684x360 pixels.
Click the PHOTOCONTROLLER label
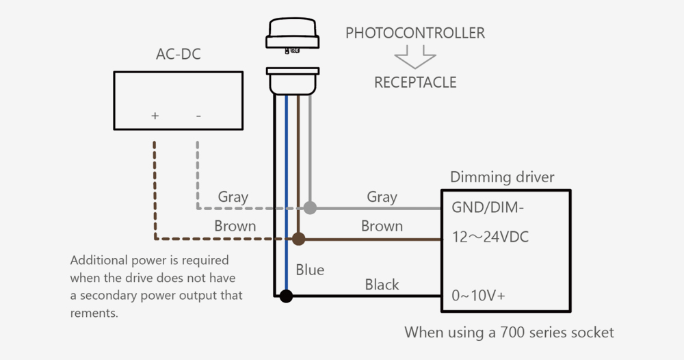click(415, 33)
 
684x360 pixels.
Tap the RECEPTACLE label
click(415, 83)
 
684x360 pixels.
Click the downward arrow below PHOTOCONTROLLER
click(415, 57)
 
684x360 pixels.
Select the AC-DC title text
click(179, 54)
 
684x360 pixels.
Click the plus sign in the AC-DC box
click(155, 116)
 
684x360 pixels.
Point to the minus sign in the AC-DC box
click(198, 116)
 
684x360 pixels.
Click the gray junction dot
click(310, 207)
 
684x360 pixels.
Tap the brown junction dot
click(298, 239)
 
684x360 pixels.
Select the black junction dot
click(286, 296)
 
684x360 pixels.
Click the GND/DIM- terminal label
click(487, 207)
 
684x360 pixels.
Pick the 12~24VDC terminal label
click(490, 237)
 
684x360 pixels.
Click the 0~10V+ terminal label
click(478, 296)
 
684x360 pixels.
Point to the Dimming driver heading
click(502, 177)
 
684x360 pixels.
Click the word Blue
click(310, 270)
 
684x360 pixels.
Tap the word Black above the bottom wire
click(382, 285)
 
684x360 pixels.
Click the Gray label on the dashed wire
click(233, 197)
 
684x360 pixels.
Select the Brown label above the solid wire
click(382, 226)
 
